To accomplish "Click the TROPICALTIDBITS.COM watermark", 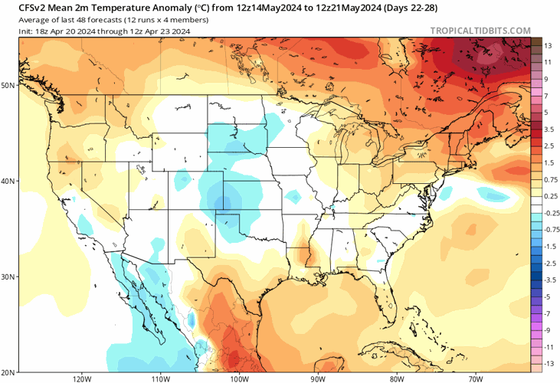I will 480,31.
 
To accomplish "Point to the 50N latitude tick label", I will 8,85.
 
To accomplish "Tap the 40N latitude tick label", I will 8,182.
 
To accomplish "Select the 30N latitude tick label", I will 8,277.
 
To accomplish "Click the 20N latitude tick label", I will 8,372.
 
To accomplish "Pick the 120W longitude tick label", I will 82,378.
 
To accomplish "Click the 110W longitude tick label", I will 161,378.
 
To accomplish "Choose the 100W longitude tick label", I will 239,378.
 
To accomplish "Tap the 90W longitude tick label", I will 319,378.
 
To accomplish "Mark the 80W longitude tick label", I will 397,378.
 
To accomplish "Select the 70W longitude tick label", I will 475,378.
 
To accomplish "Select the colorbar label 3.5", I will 549,129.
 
